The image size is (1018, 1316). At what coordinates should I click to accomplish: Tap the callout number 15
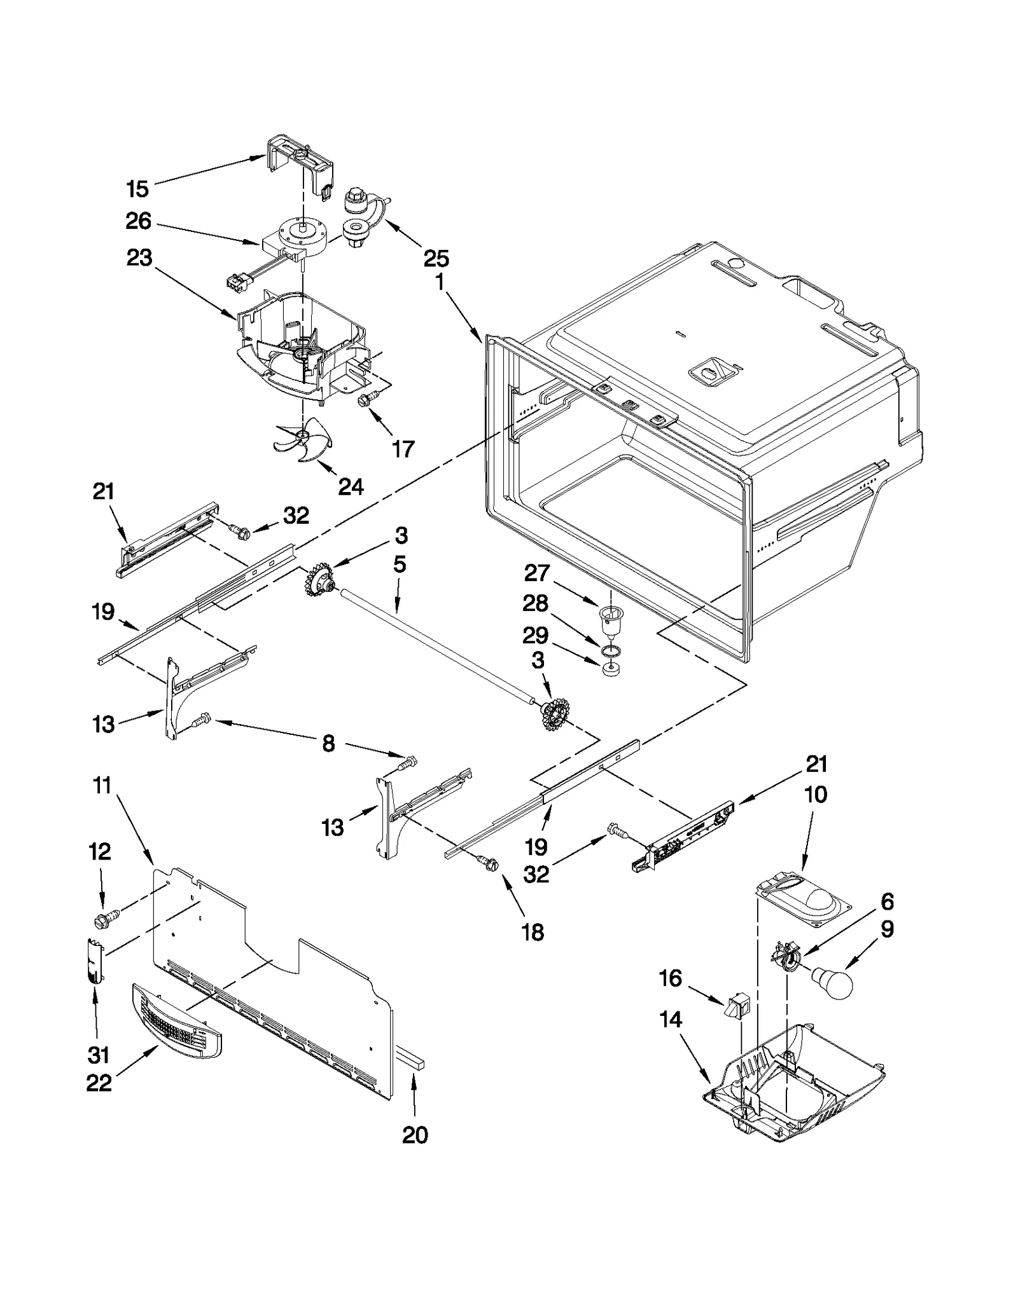click(x=137, y=189)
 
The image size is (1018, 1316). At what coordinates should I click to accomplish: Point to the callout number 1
click(x=440, y=281)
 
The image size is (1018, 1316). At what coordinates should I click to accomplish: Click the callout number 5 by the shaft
click(x=400, y=565)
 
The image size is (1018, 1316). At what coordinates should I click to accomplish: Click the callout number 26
click(x=138, y=221)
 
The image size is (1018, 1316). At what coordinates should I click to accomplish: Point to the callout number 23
click(x=139, y=257)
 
